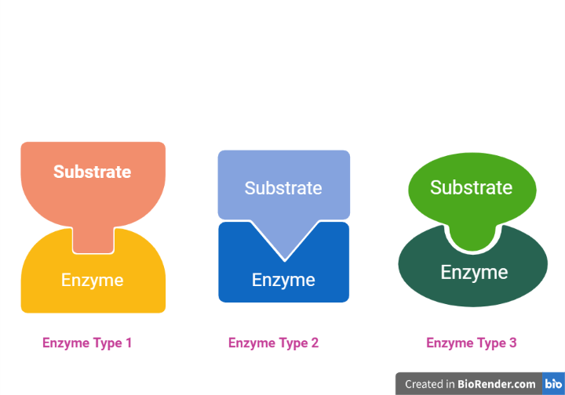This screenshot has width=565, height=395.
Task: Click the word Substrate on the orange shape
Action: click(x=92, y=172)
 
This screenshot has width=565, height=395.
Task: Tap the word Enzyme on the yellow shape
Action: click(x=92, y=280)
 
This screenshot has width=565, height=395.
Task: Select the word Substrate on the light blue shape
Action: click(x=283, y=188)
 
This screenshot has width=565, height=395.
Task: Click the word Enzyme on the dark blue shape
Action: click(x=283, y=280)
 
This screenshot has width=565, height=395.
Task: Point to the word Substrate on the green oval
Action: click(x=471, y=187)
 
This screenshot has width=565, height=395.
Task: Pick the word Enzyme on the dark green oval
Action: click(x=474, y=272)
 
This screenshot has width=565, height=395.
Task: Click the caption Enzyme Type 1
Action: click(x=87, y=342)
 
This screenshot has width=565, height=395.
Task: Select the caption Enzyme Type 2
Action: click(x=273, y=342)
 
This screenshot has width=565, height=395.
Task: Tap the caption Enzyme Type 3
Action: click(x=471, y=342)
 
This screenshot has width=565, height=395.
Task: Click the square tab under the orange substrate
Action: click(x=93, y=239)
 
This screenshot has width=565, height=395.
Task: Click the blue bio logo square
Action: click(x=553, y=383)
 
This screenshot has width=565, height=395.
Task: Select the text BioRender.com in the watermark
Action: click(x=497, y=384)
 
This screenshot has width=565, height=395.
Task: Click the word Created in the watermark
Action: click(x=425, y=384)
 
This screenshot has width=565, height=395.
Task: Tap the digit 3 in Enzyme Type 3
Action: click(x=512, y=342)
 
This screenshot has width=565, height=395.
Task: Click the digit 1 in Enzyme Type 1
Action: click(x=129, y=342)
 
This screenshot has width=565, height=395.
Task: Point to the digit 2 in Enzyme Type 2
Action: click(x=315, y=342)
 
